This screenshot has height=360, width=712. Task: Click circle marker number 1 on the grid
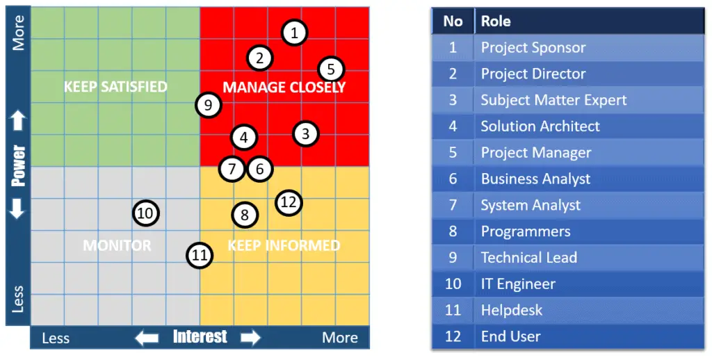pyautogui.click(x=295, y=33)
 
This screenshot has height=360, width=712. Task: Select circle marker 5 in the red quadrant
pyautogui.click(x=331, y=69)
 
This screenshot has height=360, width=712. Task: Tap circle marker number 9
pyautogui.click(x=209, y=106)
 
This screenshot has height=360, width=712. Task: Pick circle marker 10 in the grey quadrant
pyautogui.click(x=146, y=213)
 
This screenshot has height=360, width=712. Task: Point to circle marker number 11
pyautogui.click(x=200, y=255)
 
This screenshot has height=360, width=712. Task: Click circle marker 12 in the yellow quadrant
pyautogui.click(x=289, y=202)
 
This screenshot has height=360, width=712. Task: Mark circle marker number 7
pyautogui.click(x=232, y=169)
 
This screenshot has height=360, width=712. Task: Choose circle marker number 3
pyautogui.click(x=306, y=134)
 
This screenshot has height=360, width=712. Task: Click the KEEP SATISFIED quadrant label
pyautogui.click(x=115, y=87)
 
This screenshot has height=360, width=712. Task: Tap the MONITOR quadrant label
pyautogui.click(x=117, y=245)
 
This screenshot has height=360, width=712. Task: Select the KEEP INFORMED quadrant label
pyautogui.click(x=284, y=245)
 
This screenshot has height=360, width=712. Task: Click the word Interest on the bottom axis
pyautogui.click(x=200, y=337)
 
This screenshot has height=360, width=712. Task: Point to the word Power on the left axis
pyautogui.click(x=18, y=165)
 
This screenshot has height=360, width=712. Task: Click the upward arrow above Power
pyautogui.click(x=18, y=121)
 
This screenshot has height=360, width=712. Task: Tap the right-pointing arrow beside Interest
pyautogui.click(x=250, y=338)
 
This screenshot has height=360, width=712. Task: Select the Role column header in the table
pyautogui.click(x=496, y=22)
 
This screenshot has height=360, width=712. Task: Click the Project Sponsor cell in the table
pyautogui.click(x=533, y=48)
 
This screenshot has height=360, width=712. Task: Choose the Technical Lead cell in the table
pyautogui.click(x=529, y=257)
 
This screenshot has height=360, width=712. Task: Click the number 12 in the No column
pyautogui.click(x=453, y=336)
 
